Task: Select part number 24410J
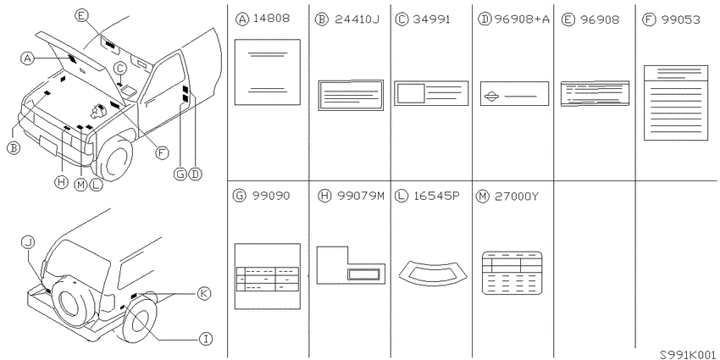point(357,19)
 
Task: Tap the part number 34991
point(431,19)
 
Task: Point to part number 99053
point(681,19)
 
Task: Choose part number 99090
point(270,196)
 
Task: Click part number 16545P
point(435,196)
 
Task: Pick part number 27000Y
point(517,196)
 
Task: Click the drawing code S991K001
point(689,354)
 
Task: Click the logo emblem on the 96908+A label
point(491,97)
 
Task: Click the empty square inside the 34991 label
point(411,93)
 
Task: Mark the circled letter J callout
point(28,243)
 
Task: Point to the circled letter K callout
point(204,293)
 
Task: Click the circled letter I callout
point(206,340)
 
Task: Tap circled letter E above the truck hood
point(80,16)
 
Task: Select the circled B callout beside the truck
point(14,148)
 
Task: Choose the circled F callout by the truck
point(161,152)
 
